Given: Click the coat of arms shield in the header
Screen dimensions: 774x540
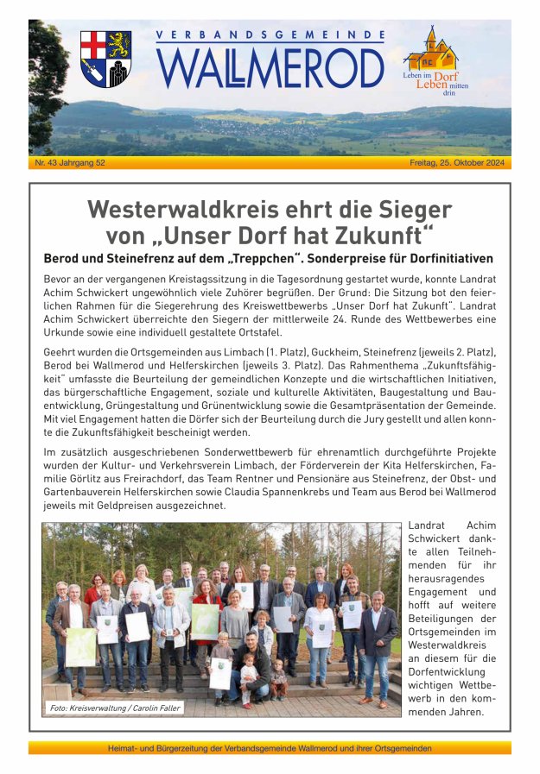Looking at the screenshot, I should tap(105, 59).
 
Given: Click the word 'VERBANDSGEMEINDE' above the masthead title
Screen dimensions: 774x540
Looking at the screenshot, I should tap(270, 36).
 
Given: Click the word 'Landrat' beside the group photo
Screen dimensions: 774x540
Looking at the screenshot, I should tap(426, 525).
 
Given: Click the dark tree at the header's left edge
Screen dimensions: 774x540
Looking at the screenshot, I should tap(45, 86).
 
